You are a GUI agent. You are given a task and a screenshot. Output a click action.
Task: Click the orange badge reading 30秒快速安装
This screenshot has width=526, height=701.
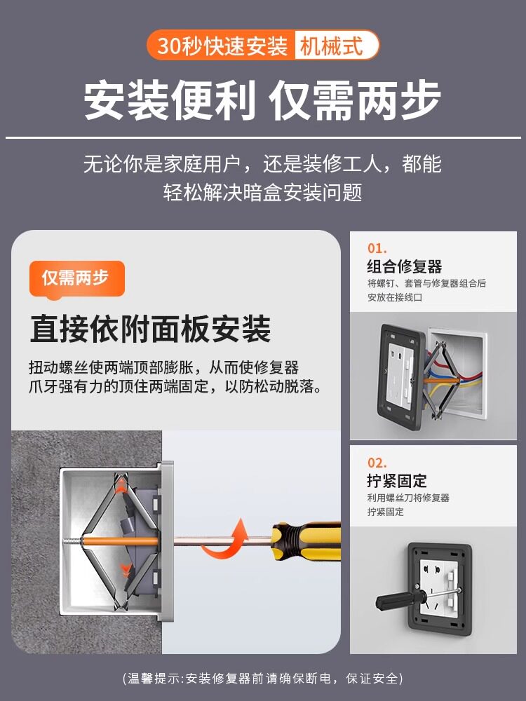222,45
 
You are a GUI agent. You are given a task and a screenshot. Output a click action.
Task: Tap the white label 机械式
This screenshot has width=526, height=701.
332,45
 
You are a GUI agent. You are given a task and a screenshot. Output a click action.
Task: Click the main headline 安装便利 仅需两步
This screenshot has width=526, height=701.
262,100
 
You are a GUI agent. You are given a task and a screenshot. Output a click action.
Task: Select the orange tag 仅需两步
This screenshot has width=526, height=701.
76,278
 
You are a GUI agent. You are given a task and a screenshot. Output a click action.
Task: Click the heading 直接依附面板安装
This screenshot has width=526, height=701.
150,329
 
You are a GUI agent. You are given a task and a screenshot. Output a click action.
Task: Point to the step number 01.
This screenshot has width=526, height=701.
377,248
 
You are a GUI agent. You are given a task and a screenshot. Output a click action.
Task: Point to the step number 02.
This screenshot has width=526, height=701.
377,463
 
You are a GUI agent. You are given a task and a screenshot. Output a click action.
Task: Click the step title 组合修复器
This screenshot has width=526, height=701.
405,266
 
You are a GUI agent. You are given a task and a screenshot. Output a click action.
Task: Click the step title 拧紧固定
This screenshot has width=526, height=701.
397,481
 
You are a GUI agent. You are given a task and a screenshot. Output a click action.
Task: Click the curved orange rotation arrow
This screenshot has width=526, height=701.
227,540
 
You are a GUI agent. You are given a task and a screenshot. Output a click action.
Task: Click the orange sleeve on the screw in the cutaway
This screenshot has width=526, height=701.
121,541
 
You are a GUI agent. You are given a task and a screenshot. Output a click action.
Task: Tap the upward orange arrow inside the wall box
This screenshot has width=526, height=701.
120,487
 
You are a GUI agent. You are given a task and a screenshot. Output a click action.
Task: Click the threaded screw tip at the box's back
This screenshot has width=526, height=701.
72,541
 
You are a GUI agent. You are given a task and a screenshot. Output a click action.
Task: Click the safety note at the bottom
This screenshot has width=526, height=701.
263,678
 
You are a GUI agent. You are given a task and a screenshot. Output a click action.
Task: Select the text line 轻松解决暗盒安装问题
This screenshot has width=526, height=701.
262,193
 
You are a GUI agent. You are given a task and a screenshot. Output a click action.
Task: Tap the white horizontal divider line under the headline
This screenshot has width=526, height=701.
263,137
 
